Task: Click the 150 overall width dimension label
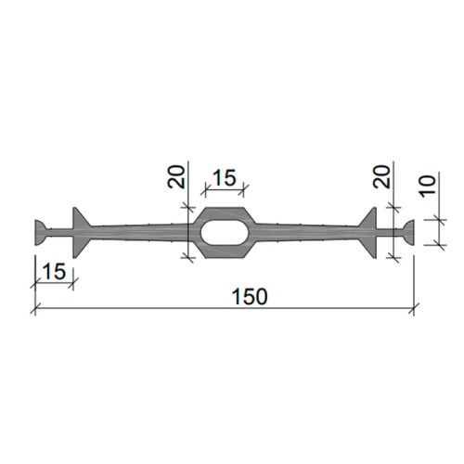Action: tap(250, 296)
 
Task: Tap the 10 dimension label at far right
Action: tap(427, 186)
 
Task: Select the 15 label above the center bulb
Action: tap(225, 177)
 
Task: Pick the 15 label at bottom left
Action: tap(54, 271)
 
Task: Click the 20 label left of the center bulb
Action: tap(176, 177)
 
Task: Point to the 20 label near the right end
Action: tap(381, 177)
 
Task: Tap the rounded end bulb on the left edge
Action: tap(41, 233)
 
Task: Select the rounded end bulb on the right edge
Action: tap(408, 233)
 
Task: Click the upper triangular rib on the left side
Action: tap(79, 219)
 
